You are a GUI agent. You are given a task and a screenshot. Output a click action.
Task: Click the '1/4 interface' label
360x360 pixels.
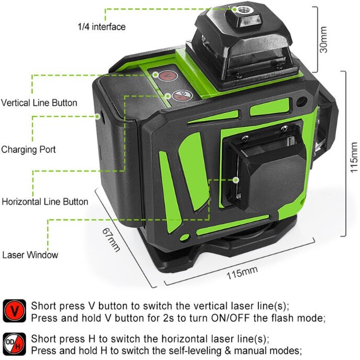102,27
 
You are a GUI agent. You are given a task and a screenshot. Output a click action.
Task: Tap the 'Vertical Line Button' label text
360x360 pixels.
39,103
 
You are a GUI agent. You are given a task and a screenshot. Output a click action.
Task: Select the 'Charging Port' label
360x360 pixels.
28,150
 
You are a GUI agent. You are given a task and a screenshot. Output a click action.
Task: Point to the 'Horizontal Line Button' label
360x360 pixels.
45,202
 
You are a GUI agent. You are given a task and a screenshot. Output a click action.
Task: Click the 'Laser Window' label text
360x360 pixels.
30,255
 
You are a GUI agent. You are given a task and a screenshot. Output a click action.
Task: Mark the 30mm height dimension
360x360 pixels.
323,39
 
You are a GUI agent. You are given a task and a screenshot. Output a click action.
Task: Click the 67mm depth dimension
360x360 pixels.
111,240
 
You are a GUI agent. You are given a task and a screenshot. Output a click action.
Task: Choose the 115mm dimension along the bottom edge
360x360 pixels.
242,273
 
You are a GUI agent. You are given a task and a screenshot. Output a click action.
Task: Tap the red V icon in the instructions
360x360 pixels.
14,311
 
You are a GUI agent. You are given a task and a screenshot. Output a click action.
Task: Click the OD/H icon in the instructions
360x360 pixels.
14,344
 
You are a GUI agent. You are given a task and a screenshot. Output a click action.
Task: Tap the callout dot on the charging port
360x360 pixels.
97,116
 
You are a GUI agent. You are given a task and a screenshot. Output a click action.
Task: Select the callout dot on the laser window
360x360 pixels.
235,180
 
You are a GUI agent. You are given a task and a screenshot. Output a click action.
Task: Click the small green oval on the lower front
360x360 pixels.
184,237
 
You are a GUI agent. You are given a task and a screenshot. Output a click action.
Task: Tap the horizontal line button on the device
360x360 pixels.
183,96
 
